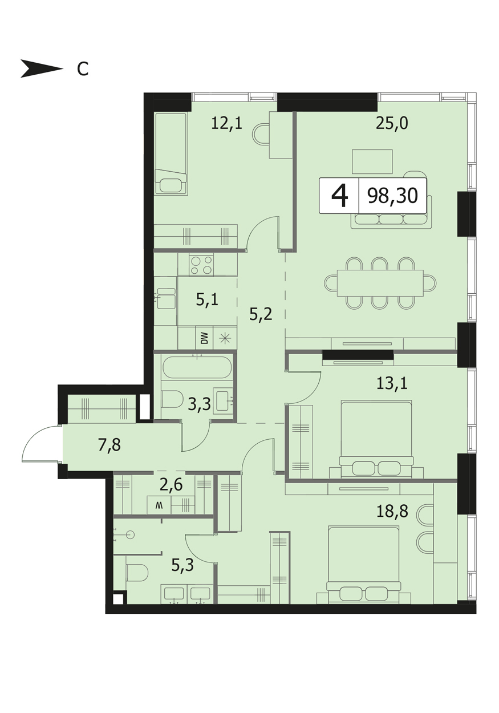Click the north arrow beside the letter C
(42, 68)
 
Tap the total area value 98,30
(392, 196)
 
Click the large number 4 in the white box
(339, 196)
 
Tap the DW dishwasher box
(204, 338)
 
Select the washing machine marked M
(159, 505)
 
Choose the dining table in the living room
(380, 283)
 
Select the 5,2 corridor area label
(261, 315)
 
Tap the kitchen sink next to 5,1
(166, 298)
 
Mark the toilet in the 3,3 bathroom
(172, 400)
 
